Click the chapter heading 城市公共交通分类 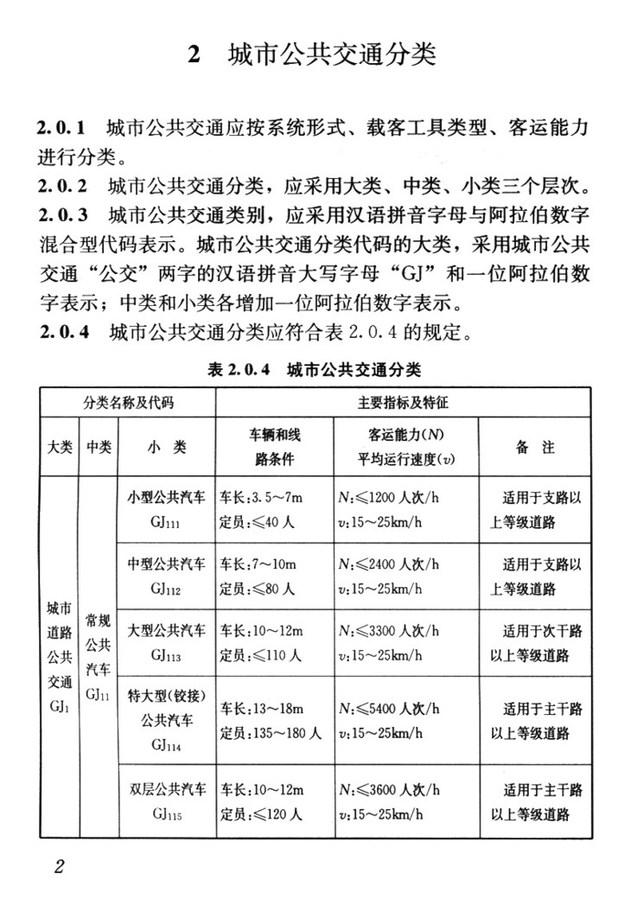coord(332,54)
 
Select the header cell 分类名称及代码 coord(128,403)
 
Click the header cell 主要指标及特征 coord(403,403)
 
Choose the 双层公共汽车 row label coord(167,790)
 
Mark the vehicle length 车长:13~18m coord(262,710)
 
